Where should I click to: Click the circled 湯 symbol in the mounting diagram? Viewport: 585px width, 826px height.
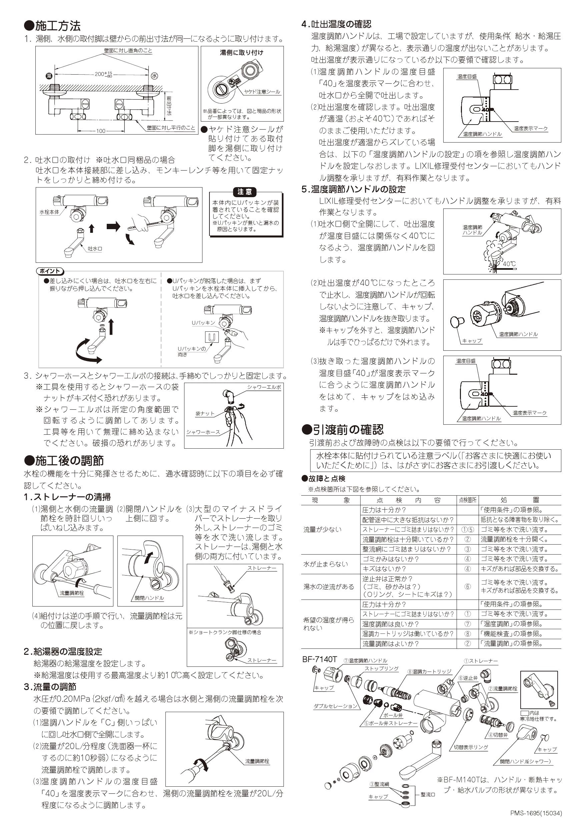[49, 76]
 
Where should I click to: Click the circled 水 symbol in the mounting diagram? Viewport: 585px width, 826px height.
[154, 76]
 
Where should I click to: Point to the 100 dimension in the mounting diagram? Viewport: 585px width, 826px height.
[100, 131]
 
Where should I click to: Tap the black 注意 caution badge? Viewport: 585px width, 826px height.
[244, 192]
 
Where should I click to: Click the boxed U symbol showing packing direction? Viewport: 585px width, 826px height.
[212, 337]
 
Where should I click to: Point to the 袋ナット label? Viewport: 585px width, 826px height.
[205, 414]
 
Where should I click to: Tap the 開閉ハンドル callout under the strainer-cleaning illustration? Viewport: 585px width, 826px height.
[149, 598]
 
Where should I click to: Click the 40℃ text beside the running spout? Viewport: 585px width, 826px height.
[509, 264]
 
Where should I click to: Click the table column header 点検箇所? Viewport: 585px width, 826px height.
[467, 500]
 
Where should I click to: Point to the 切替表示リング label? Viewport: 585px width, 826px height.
[471, 747]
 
